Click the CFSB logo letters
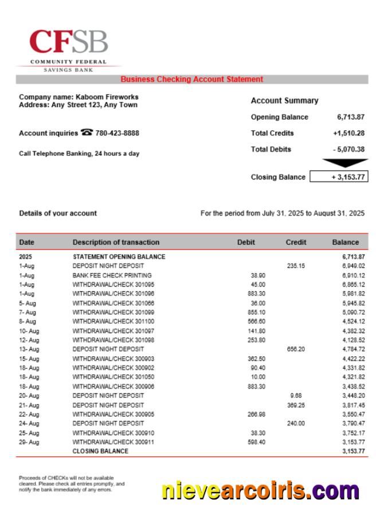(69, 41)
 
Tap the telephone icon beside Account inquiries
(87, 132)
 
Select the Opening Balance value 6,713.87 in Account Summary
(351, 117)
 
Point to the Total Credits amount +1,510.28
(348, 133)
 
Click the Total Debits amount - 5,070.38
(348, 149)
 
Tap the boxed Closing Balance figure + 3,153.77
(339, 177)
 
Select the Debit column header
(246, 242)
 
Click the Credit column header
(296, 242)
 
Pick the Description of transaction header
(116, 242)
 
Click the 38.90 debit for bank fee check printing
(258, 275)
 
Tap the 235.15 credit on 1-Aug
(296, 266)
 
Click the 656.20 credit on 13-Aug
(296, 349)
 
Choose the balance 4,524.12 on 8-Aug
(353, 322)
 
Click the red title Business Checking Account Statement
(191, 79)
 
